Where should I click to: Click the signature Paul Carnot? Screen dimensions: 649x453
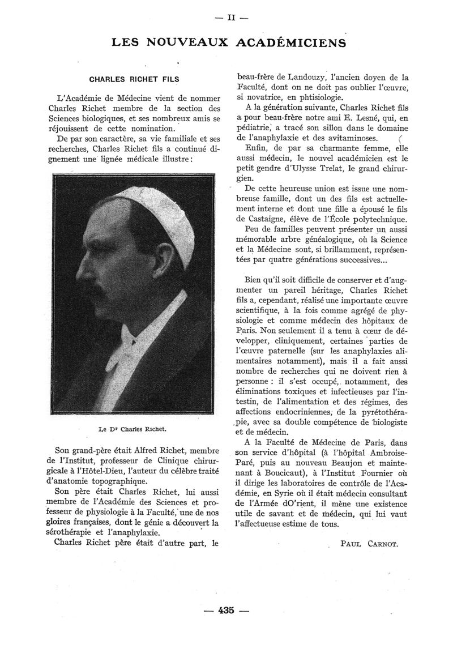pyautogui.click(x=370, y=544)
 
